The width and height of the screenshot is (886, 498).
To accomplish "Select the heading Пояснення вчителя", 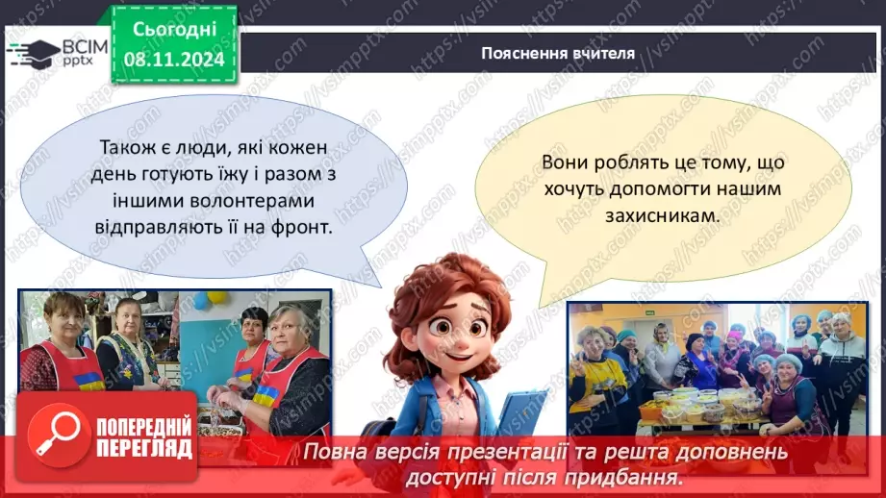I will (x=558, y=53).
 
